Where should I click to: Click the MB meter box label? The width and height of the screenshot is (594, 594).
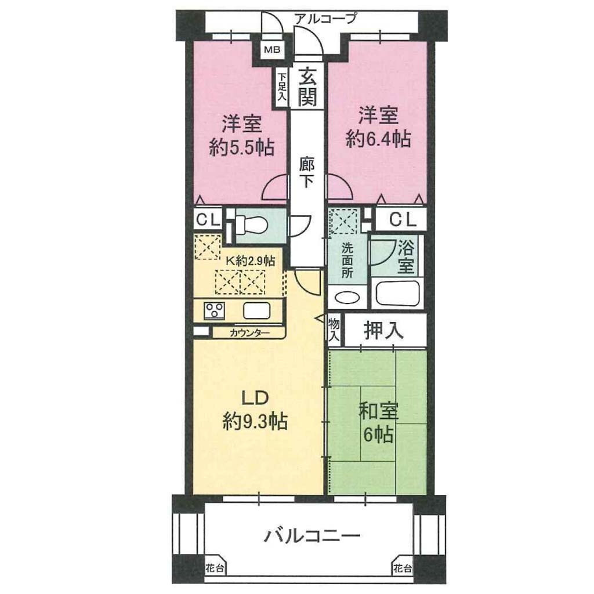pos(272,49)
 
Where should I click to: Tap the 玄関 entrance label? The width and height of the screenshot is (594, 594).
pos(307,87)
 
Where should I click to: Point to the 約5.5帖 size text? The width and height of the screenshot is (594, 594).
pos(242,147)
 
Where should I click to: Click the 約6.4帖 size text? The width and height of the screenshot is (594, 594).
pos(378,139)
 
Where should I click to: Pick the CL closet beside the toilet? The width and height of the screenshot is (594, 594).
pos(208,219)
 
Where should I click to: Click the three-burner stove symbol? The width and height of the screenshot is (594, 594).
pos(215,311)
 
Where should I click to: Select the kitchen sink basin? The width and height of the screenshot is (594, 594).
pos(257,311)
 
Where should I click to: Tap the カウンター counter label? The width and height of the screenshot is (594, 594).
pos(249,334)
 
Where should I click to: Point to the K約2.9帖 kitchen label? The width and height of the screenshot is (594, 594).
pos(251,260)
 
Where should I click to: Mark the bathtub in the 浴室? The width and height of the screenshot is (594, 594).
pos(398,294)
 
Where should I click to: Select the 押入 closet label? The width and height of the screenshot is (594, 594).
pos(383,330)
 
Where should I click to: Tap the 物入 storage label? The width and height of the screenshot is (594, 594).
pos(334,329)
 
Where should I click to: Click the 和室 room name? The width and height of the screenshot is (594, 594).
pos(378,411)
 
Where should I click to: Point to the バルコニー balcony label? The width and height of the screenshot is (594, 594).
pos(312,536)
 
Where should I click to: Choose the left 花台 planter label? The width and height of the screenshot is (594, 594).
pos(215,568)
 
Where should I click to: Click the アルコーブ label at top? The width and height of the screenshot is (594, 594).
pos(325,18)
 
